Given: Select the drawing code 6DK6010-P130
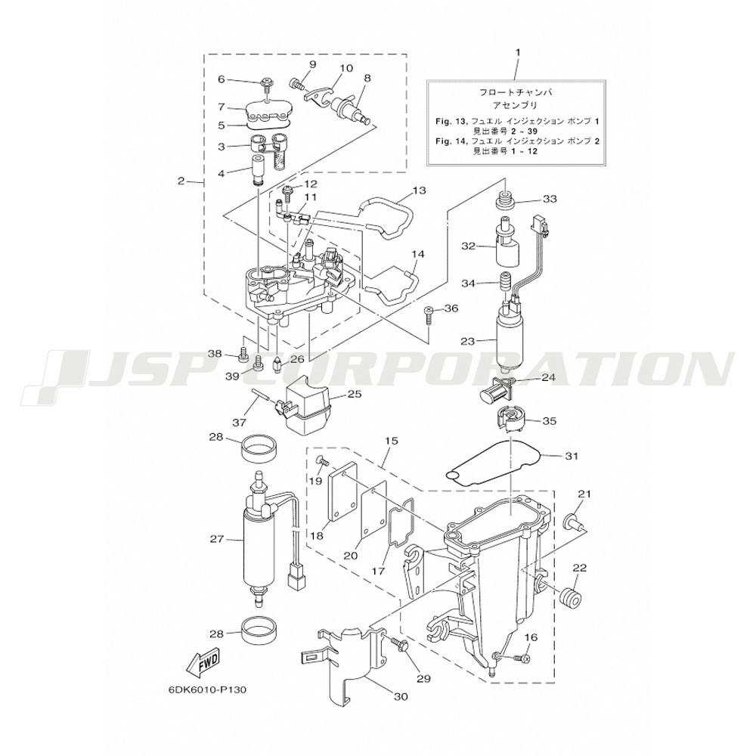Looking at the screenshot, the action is coord(207,689).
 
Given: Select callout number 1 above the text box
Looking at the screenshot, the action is coord(519,51).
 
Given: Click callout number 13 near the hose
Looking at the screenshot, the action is coord(419,191).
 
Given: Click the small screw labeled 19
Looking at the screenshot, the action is coord(323,461).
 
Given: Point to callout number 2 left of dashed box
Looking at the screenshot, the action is coord(181,181).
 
